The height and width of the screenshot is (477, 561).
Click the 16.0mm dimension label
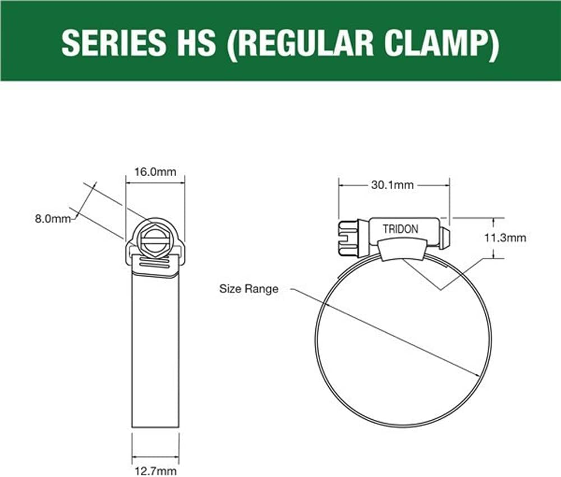coord(155,172)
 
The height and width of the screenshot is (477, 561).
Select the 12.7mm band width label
coord(155,471)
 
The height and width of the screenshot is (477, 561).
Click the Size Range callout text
coord(249,290)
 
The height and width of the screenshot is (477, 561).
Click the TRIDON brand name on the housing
coord(400,230)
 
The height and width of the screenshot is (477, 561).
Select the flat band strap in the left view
coord(155,348)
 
